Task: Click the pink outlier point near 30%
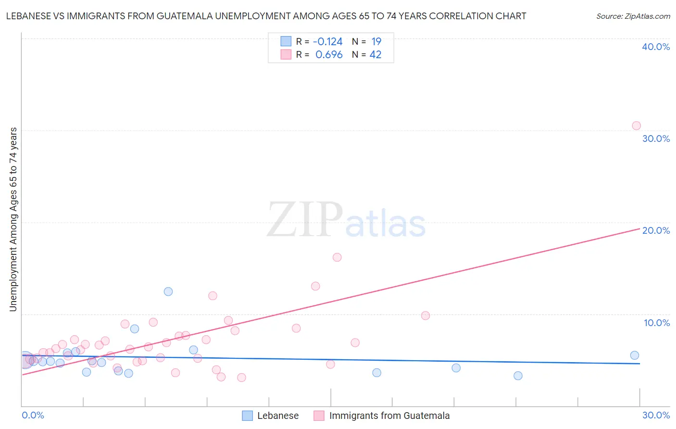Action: [636, 126]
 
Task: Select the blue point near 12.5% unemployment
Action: [168, 291]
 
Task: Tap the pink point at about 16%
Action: [337, 257]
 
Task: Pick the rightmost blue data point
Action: [635, 355]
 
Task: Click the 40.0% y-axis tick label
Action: [656, 47]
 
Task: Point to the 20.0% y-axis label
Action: [656, 230]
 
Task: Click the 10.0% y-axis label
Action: [657, 323]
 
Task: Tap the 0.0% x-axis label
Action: [33, 415]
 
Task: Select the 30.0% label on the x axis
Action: [656, 415]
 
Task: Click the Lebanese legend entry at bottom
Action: [278, 416]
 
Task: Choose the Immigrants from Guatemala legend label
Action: [389, 416]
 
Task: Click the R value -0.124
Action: [328, 42]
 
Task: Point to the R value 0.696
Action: [329, 55]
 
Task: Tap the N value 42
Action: [376, 55]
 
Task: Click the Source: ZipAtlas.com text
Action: [633, 16]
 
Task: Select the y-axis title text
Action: [13, 219]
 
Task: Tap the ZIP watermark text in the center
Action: [305, 220]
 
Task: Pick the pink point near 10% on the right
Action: [426, 315]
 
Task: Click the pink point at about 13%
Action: [315, 286]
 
